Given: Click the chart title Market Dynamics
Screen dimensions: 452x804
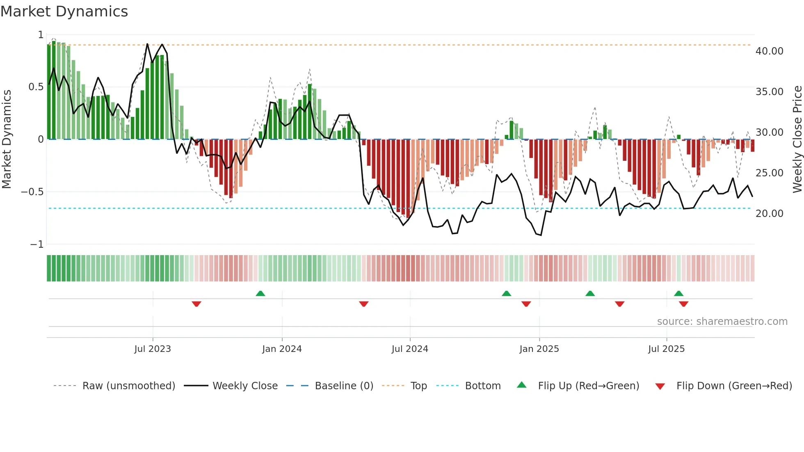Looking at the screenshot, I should [x=64, y=11].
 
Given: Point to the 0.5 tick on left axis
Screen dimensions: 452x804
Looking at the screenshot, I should [x=36, y=87].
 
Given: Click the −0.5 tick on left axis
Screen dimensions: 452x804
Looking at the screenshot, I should [x=32, y=192].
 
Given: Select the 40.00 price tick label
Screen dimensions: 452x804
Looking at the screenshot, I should [x=769, y=51].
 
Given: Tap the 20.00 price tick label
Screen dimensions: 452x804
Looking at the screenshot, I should [x=769, y=214].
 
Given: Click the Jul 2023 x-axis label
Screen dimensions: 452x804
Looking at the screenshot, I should [x=153, y=349].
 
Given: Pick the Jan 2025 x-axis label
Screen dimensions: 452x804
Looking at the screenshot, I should [x=539, y=349].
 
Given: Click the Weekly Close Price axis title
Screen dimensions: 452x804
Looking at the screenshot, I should [x=797, y=139].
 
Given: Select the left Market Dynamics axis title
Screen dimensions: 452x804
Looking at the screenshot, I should [x=7, y=139].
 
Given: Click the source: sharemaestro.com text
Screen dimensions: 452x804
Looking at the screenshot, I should [x=722, y=322].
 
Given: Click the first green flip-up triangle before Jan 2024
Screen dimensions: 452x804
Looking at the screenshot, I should [x=260, y=293].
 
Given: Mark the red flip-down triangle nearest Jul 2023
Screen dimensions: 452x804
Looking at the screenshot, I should [x=196, y=304].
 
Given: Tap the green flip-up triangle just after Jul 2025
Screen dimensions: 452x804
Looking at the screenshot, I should [x=678, y=293].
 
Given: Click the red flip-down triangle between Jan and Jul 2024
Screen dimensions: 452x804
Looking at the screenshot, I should [x=364, y=304].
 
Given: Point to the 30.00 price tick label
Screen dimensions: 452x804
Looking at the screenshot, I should [x=769, y=132].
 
